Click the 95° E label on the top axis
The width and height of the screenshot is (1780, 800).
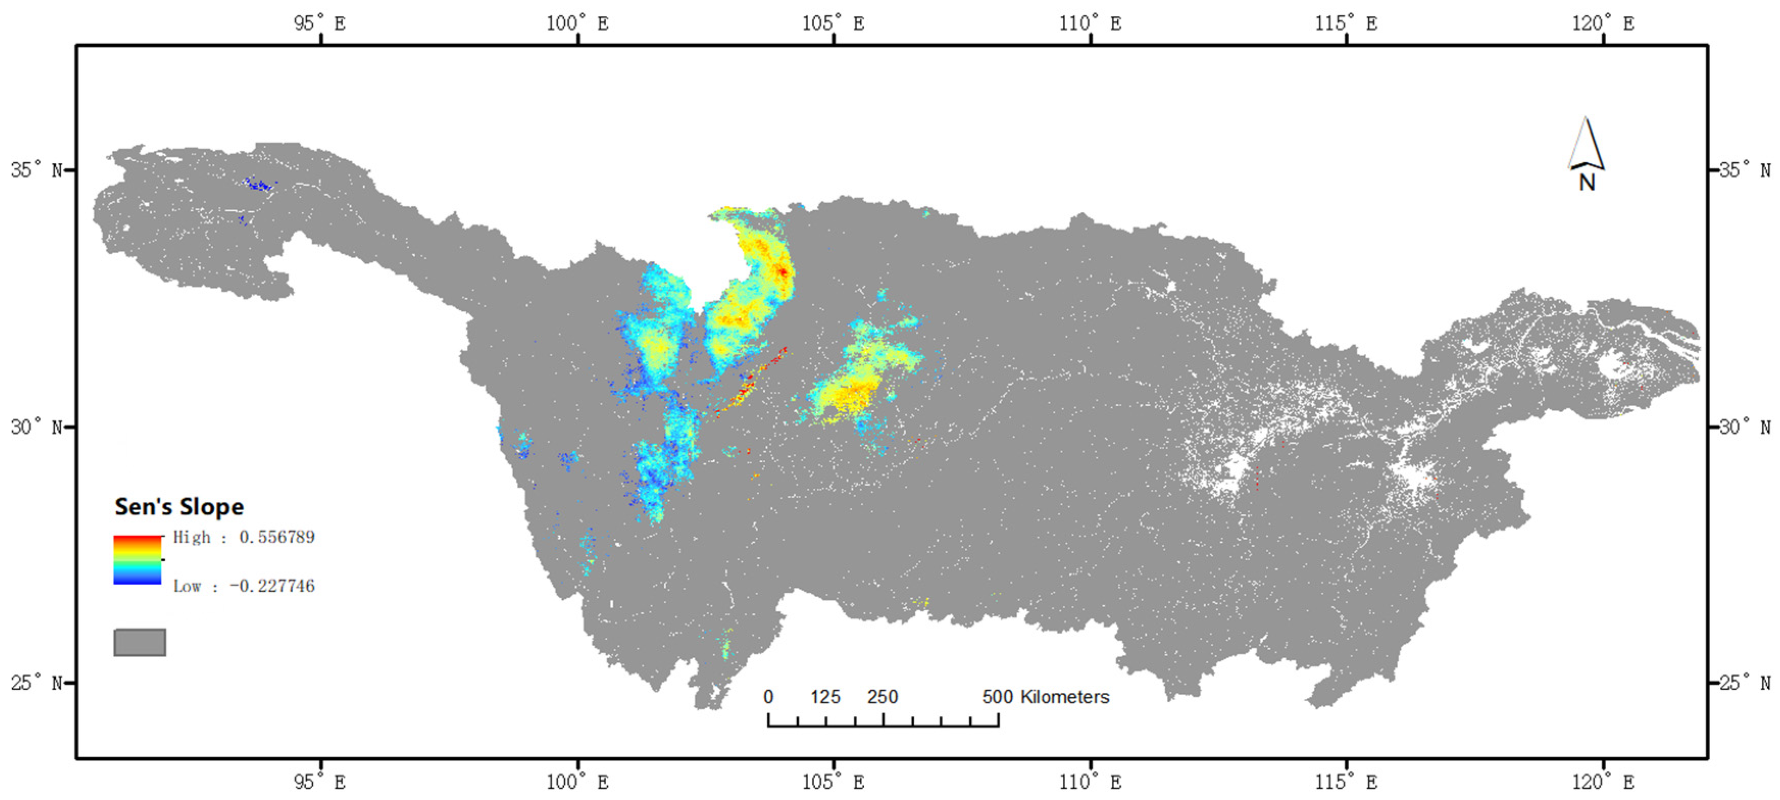point(319,23)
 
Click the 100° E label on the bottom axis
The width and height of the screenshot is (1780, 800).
point(577,782)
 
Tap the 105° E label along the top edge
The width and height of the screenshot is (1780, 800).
point(833,23)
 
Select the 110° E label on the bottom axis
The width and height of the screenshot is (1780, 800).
point(1090,782)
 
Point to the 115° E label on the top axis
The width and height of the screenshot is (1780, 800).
point(1345,23)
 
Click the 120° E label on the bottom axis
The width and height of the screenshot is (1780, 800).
point(1602,782)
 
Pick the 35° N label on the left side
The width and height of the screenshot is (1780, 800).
point(36,169)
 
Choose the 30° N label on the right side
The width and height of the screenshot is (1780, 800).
point(1745,426)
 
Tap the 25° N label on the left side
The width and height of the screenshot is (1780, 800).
point(36,683)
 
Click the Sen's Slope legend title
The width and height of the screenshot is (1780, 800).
point(179,507)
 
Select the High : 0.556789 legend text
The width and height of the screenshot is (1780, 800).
point(243,537)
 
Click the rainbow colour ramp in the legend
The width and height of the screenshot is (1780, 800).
point(138,560)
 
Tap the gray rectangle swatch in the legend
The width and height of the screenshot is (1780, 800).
point(140,642)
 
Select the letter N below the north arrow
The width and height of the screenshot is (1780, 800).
point(1587,182)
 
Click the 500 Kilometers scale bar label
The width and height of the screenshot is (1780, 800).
point(1045,696)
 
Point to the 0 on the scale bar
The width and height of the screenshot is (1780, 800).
point(768,696)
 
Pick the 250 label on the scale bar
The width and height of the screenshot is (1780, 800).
point(883,696)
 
